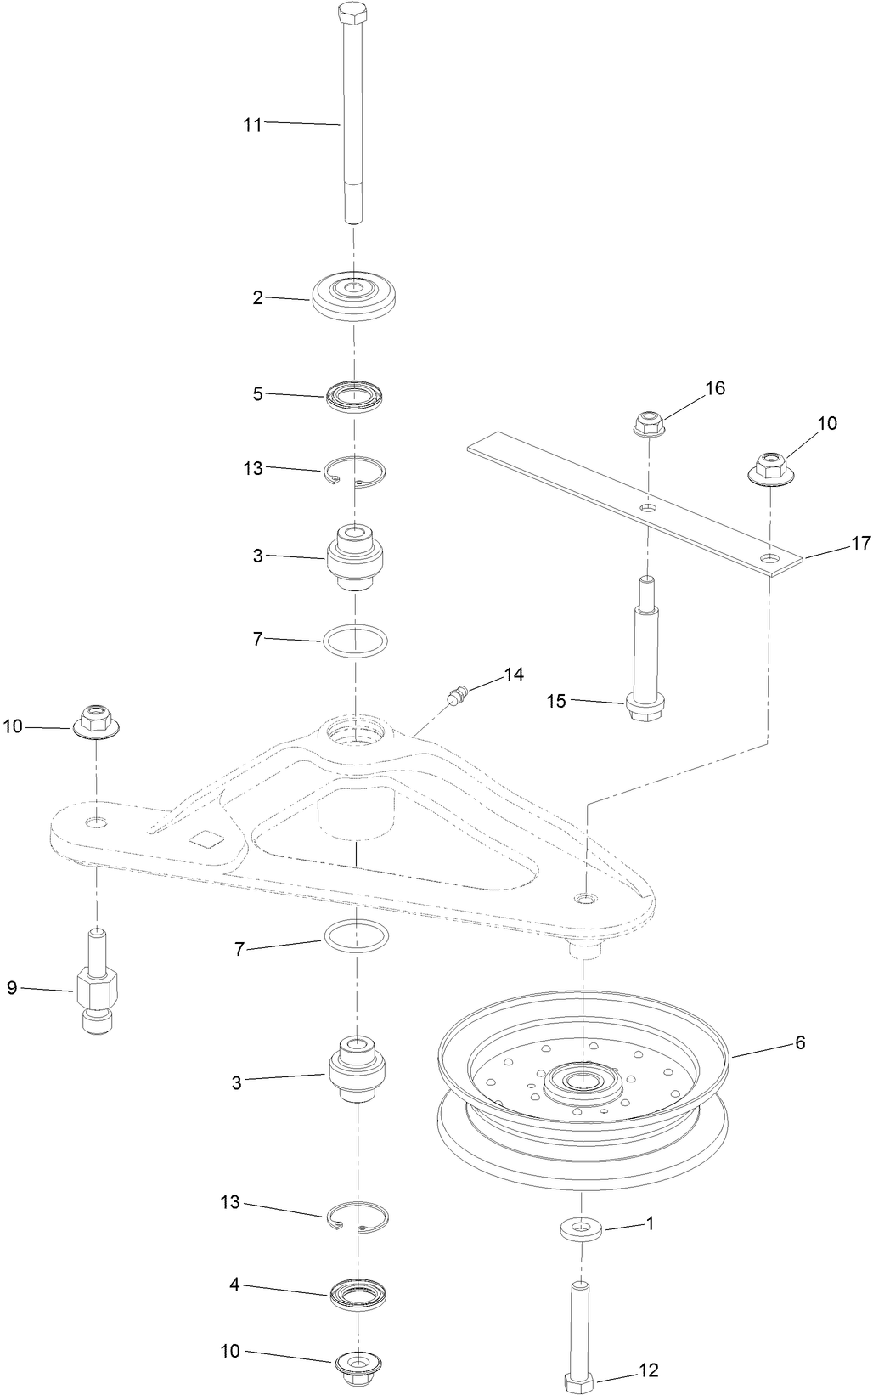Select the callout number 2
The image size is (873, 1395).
(x=257, y=297)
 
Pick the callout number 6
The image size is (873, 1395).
(x=800, y=1042)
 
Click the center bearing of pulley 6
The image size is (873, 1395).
(x=583, y=1081)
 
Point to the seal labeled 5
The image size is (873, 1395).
(x=356, y=396)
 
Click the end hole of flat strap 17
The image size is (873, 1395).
(x=769, y=559)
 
